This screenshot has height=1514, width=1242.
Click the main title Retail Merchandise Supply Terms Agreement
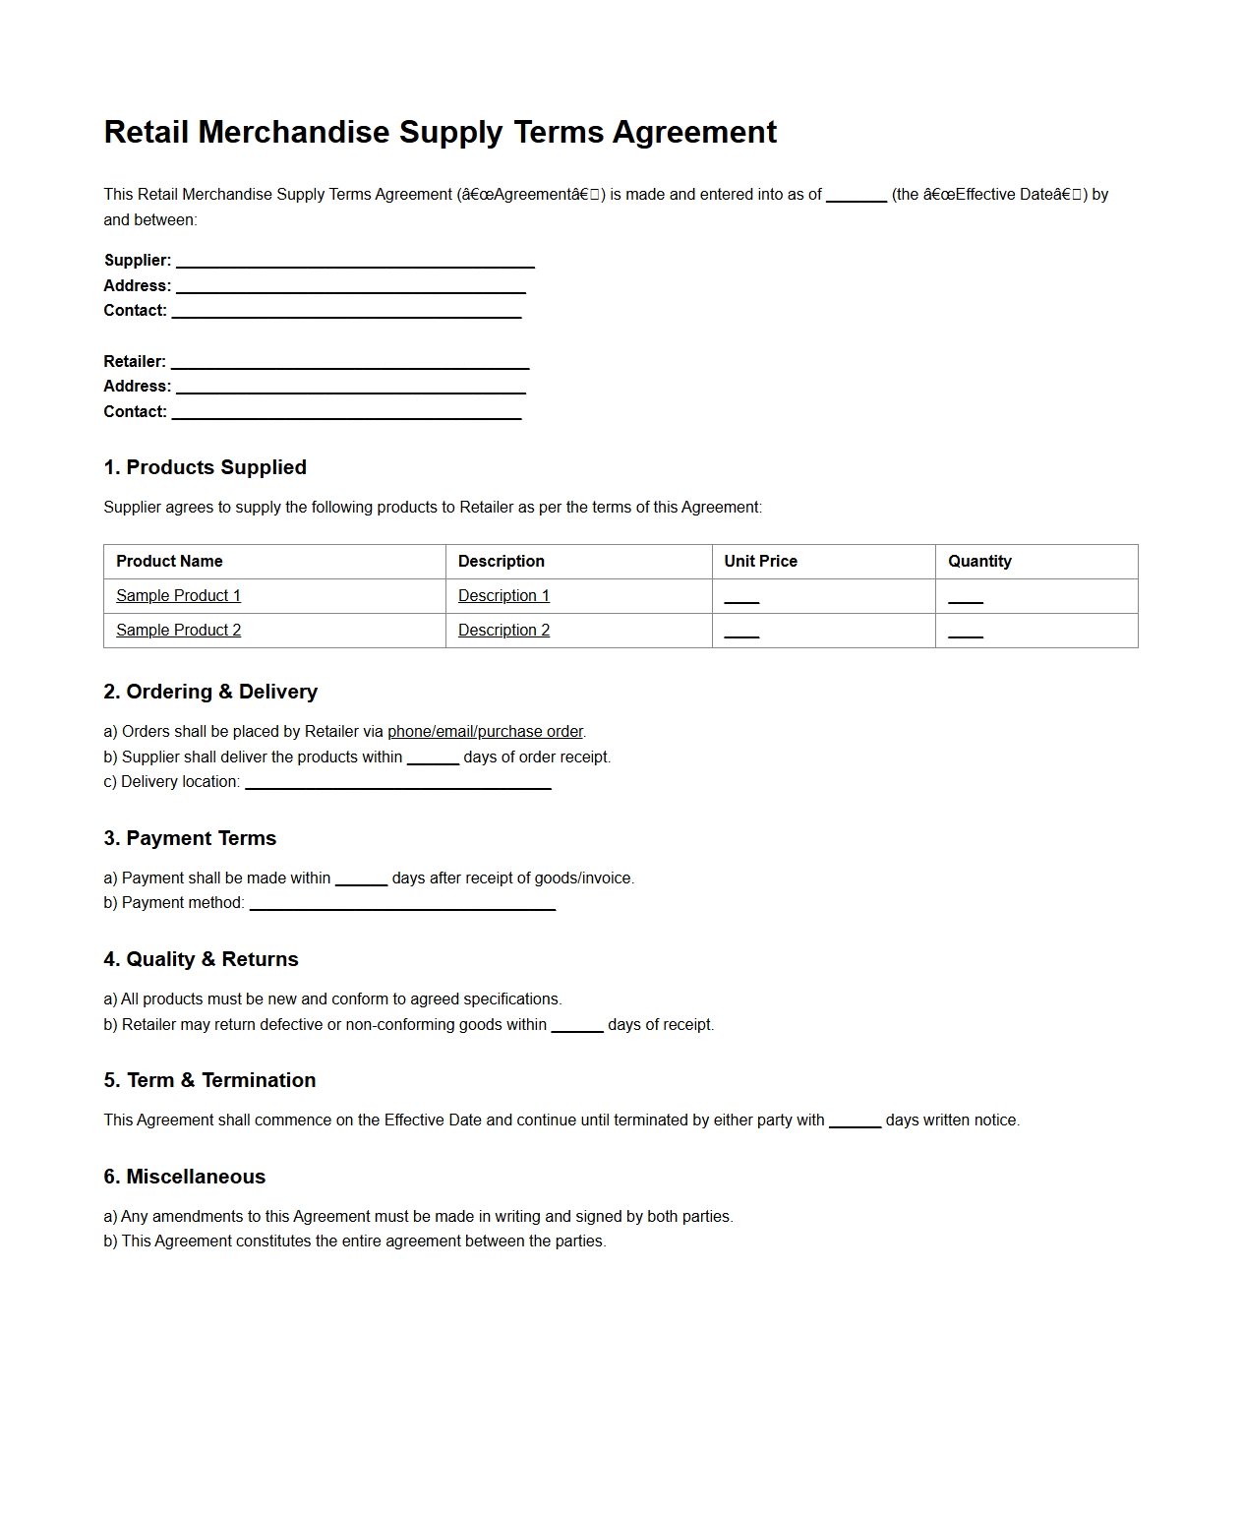(440, 132)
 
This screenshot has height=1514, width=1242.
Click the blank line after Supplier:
(355, 263)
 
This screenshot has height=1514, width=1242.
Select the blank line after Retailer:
(350, 364)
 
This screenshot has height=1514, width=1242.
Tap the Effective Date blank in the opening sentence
(856, 197)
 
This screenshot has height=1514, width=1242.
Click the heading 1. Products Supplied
(205, 467)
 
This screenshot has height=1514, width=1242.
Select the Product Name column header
(169, 561)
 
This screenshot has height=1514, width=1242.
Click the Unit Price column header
(760, 561)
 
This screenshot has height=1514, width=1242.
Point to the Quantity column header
(979, 561)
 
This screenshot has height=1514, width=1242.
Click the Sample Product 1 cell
(178, 596)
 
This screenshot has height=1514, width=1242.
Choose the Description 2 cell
(503, 631)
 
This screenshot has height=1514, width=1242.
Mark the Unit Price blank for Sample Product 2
(741, 634)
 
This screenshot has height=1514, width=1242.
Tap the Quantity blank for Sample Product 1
(965, 599)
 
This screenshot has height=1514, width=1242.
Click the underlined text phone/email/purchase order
(485, 732)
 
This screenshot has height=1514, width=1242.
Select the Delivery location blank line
(397, 785)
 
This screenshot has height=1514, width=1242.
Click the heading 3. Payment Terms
(190, 838)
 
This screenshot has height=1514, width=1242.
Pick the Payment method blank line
(402, 906)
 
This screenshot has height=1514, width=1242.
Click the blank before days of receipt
(576, 1027)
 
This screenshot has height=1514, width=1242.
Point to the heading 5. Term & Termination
(209, 1080)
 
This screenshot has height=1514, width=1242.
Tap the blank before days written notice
(854, 1122)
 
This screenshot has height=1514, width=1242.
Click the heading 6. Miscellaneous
(184, 1177)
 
